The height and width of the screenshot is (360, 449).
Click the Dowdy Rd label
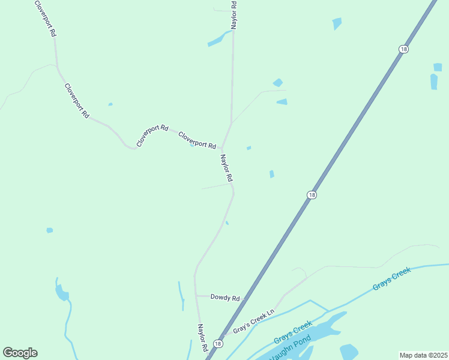pyautogui.click(x=225, y=298)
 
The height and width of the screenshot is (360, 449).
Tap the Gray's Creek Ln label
pyautogui.click(x=253, y=321)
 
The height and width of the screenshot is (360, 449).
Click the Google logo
pyautogui.click(x=20, y=353)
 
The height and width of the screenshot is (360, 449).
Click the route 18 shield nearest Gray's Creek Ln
pyautogui.click(x=218, y=344)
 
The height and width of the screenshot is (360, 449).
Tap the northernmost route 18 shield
pyautogui.click(x=403, y=49)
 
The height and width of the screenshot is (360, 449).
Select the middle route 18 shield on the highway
pyautogui.click(x=311, y=195)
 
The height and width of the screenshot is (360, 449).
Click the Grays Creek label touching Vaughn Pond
pyautogui.click(x=293, y=332)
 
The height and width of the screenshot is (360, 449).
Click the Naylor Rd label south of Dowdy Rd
pyautogui.click(x=203, y=338)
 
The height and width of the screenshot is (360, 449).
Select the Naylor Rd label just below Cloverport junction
pyautogui.click(x=226, y=169)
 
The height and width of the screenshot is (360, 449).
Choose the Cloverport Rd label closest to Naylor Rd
pyautogui.click(x=197, y=140)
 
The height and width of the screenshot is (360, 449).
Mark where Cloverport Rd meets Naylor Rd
pyautogui.click(x=222, y=148)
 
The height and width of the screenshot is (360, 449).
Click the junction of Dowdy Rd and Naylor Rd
pyautogui.click(x=196, y=295)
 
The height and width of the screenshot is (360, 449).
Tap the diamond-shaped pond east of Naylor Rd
pyautogui.click(x=277, y=83)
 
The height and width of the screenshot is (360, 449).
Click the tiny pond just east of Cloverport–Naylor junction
pyautogui.click(x=249, y=148)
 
